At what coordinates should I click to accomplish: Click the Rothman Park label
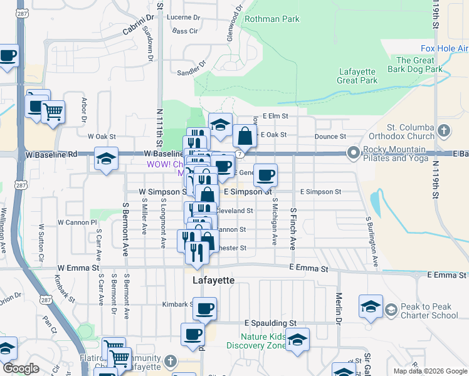tap(271, 19)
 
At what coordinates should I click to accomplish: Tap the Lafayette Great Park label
tap(357, 76)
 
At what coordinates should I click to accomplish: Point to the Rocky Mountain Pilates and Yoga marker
tap(354, 153)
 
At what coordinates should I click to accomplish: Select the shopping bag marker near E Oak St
tap(245, 135)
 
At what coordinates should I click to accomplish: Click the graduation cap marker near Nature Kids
tap(297, 339)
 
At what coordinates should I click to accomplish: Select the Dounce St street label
tap(330, 136)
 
